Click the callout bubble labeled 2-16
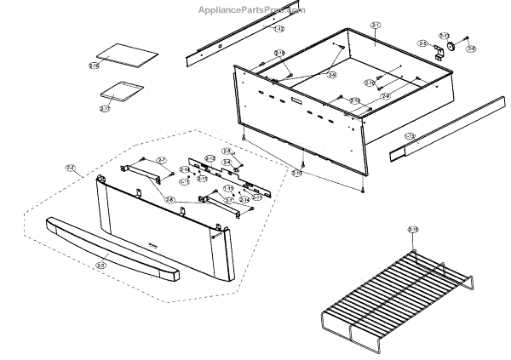click(94, 66)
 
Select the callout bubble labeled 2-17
click(105, 109)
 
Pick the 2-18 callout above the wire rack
click(413, 229)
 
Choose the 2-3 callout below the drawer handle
click(101, 266)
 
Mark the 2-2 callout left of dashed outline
click(70, 168)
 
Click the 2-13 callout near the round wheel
click(444, 37)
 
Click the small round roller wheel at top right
click(452, 48)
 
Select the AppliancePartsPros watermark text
click(251, 10)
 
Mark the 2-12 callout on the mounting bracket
click(210, 159)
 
